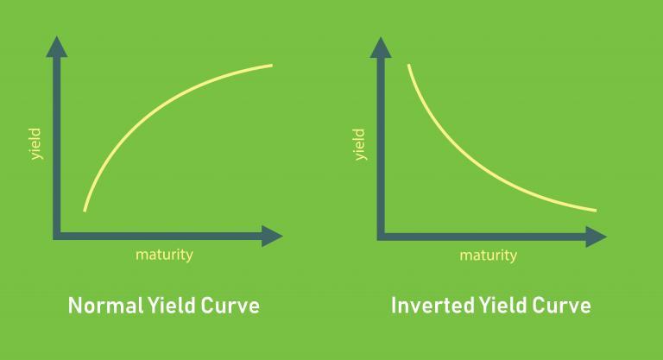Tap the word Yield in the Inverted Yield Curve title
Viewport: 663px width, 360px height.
497,306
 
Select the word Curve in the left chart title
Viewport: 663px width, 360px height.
229,306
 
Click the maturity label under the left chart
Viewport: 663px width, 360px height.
164,255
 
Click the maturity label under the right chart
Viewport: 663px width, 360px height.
488,255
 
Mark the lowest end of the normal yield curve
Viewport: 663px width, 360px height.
85,210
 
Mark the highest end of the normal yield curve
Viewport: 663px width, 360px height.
272,66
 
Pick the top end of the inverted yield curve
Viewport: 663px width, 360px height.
408,66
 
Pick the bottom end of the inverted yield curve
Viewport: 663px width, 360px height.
596,210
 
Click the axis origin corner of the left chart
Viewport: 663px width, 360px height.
57,235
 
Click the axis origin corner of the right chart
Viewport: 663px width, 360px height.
381,235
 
